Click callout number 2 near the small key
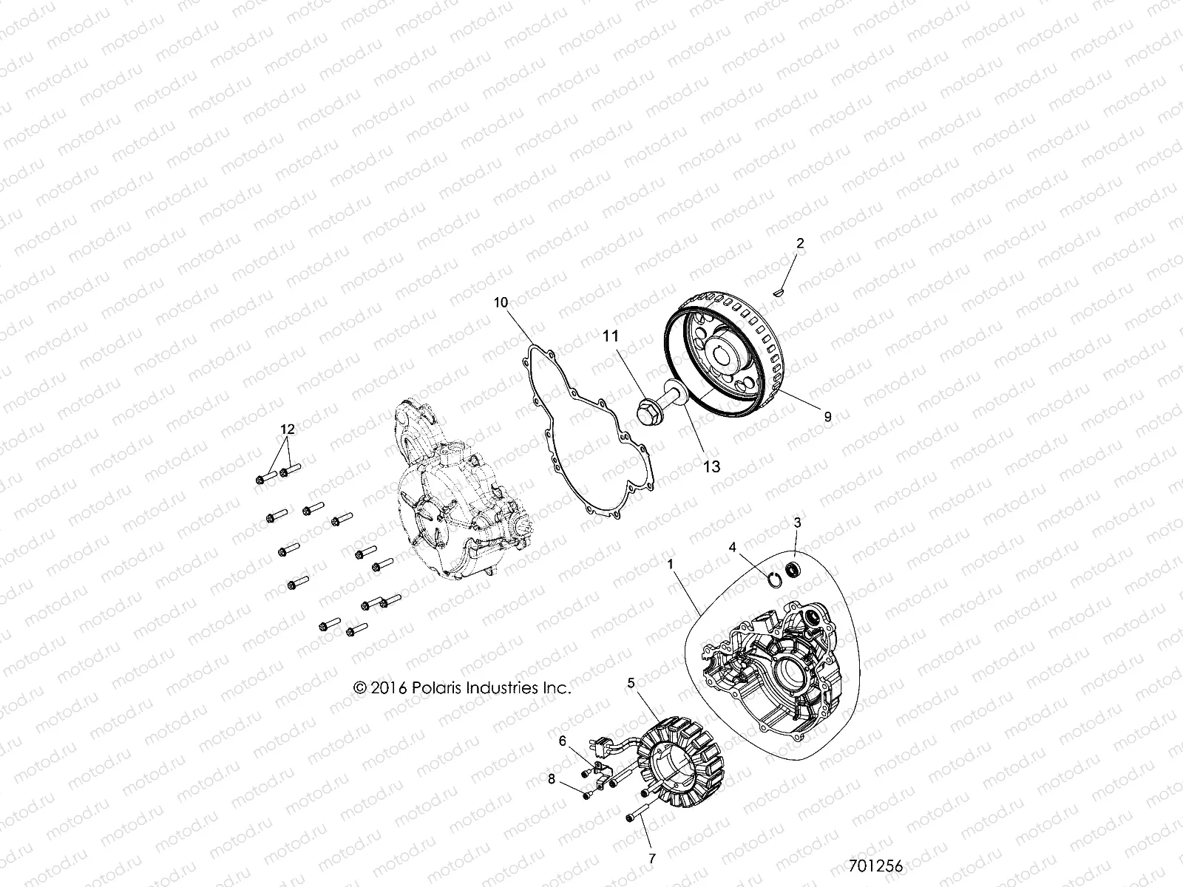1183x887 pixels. point(799,243)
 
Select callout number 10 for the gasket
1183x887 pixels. point(501,302)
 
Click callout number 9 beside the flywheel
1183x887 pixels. point(827,417)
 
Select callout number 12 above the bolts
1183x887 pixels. point(287,429)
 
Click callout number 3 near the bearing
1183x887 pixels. point(797,523)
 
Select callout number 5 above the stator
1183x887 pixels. point(631,684)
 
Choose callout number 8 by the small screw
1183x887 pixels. point(551,778)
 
